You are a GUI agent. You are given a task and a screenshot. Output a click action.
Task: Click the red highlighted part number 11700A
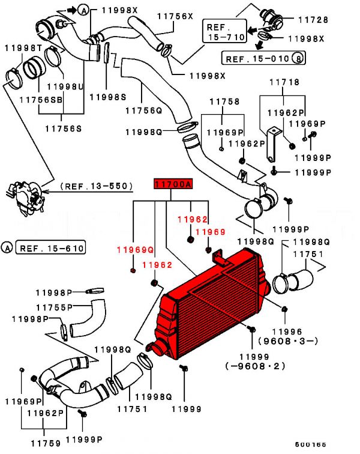tap(173, 184)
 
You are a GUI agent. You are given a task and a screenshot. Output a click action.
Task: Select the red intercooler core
tap(213, 306)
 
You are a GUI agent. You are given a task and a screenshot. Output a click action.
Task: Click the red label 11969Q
tap(135, 249)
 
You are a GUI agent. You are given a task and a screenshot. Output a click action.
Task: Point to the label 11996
tap(287, 331)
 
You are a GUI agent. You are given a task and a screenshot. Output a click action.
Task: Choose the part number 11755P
tap(53, 307)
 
